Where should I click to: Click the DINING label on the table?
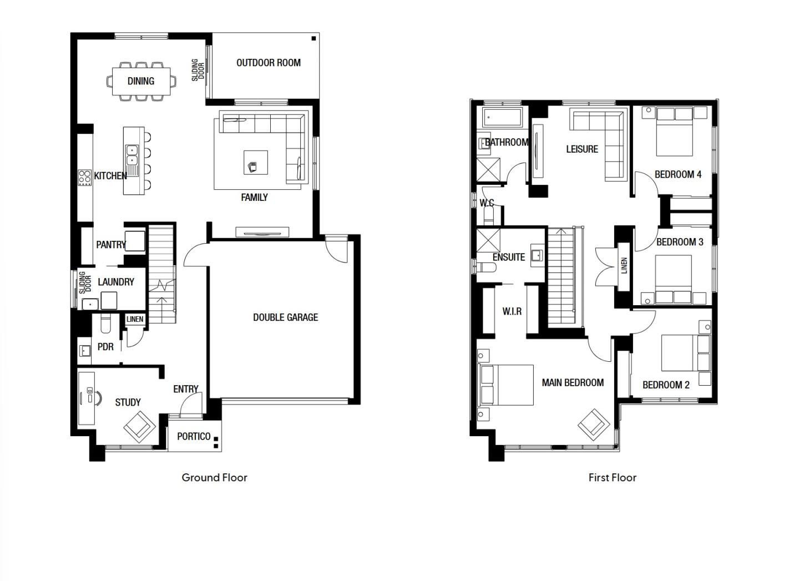141,81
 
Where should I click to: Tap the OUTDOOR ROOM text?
269,63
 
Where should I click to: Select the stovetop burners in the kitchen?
85,178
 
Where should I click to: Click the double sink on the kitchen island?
132,156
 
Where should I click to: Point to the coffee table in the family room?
256,163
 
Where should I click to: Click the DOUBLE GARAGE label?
285,317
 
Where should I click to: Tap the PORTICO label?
194,436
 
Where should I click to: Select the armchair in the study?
139,427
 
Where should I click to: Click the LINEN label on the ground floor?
135,319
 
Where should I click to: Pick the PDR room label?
105,347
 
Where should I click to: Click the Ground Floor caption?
214,478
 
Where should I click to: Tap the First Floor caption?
613,478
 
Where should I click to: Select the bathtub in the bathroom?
502,117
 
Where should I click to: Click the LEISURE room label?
582,149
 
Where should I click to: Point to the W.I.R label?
512,311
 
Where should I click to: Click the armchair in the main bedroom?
594,425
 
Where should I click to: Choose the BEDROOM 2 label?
666,385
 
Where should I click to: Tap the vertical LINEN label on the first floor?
624,265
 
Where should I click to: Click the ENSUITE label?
509,257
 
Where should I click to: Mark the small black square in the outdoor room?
314,38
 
